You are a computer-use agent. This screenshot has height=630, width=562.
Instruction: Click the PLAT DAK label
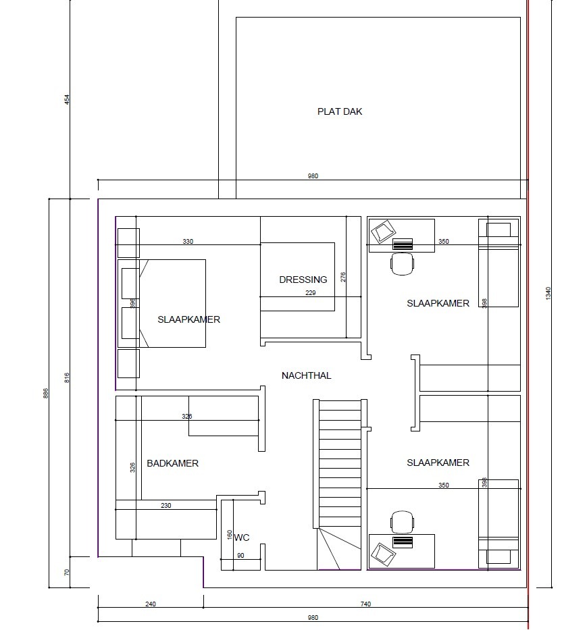click(340, 111)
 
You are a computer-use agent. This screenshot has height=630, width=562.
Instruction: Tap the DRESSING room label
click(303, 280)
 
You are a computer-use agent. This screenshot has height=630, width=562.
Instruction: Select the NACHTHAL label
click(306, 375)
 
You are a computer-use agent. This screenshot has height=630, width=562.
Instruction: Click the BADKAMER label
click(172, 463)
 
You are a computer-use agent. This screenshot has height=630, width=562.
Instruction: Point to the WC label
click(242, 537)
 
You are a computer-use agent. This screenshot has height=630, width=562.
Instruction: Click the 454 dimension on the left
click(67, 100)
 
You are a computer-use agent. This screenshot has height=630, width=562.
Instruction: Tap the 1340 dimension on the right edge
click(548, 293)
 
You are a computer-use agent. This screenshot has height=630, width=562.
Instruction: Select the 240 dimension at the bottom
click(151, 604)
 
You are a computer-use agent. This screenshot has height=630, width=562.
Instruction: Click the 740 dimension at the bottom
click(365, 604)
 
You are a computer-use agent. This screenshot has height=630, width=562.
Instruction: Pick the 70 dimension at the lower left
click(67, 572)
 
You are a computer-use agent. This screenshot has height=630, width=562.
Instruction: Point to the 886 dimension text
click(46, 394)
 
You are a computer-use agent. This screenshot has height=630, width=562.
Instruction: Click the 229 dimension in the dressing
click(310, 293)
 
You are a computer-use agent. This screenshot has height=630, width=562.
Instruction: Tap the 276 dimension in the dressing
click(343, 278)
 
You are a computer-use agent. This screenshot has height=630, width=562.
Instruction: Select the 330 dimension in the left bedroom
click(188, 242)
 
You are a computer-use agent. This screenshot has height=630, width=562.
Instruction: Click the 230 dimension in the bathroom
click(166, 506)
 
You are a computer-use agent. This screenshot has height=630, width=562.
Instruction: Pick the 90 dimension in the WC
click(240, 556)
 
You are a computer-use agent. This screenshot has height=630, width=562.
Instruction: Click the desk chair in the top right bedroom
click(402, 264)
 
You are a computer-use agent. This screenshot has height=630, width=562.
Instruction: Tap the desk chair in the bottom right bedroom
click(402, 522)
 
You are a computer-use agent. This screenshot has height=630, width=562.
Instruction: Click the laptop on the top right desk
click(383, 232)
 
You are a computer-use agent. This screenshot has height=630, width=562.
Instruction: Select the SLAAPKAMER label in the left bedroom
click(188, 320)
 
